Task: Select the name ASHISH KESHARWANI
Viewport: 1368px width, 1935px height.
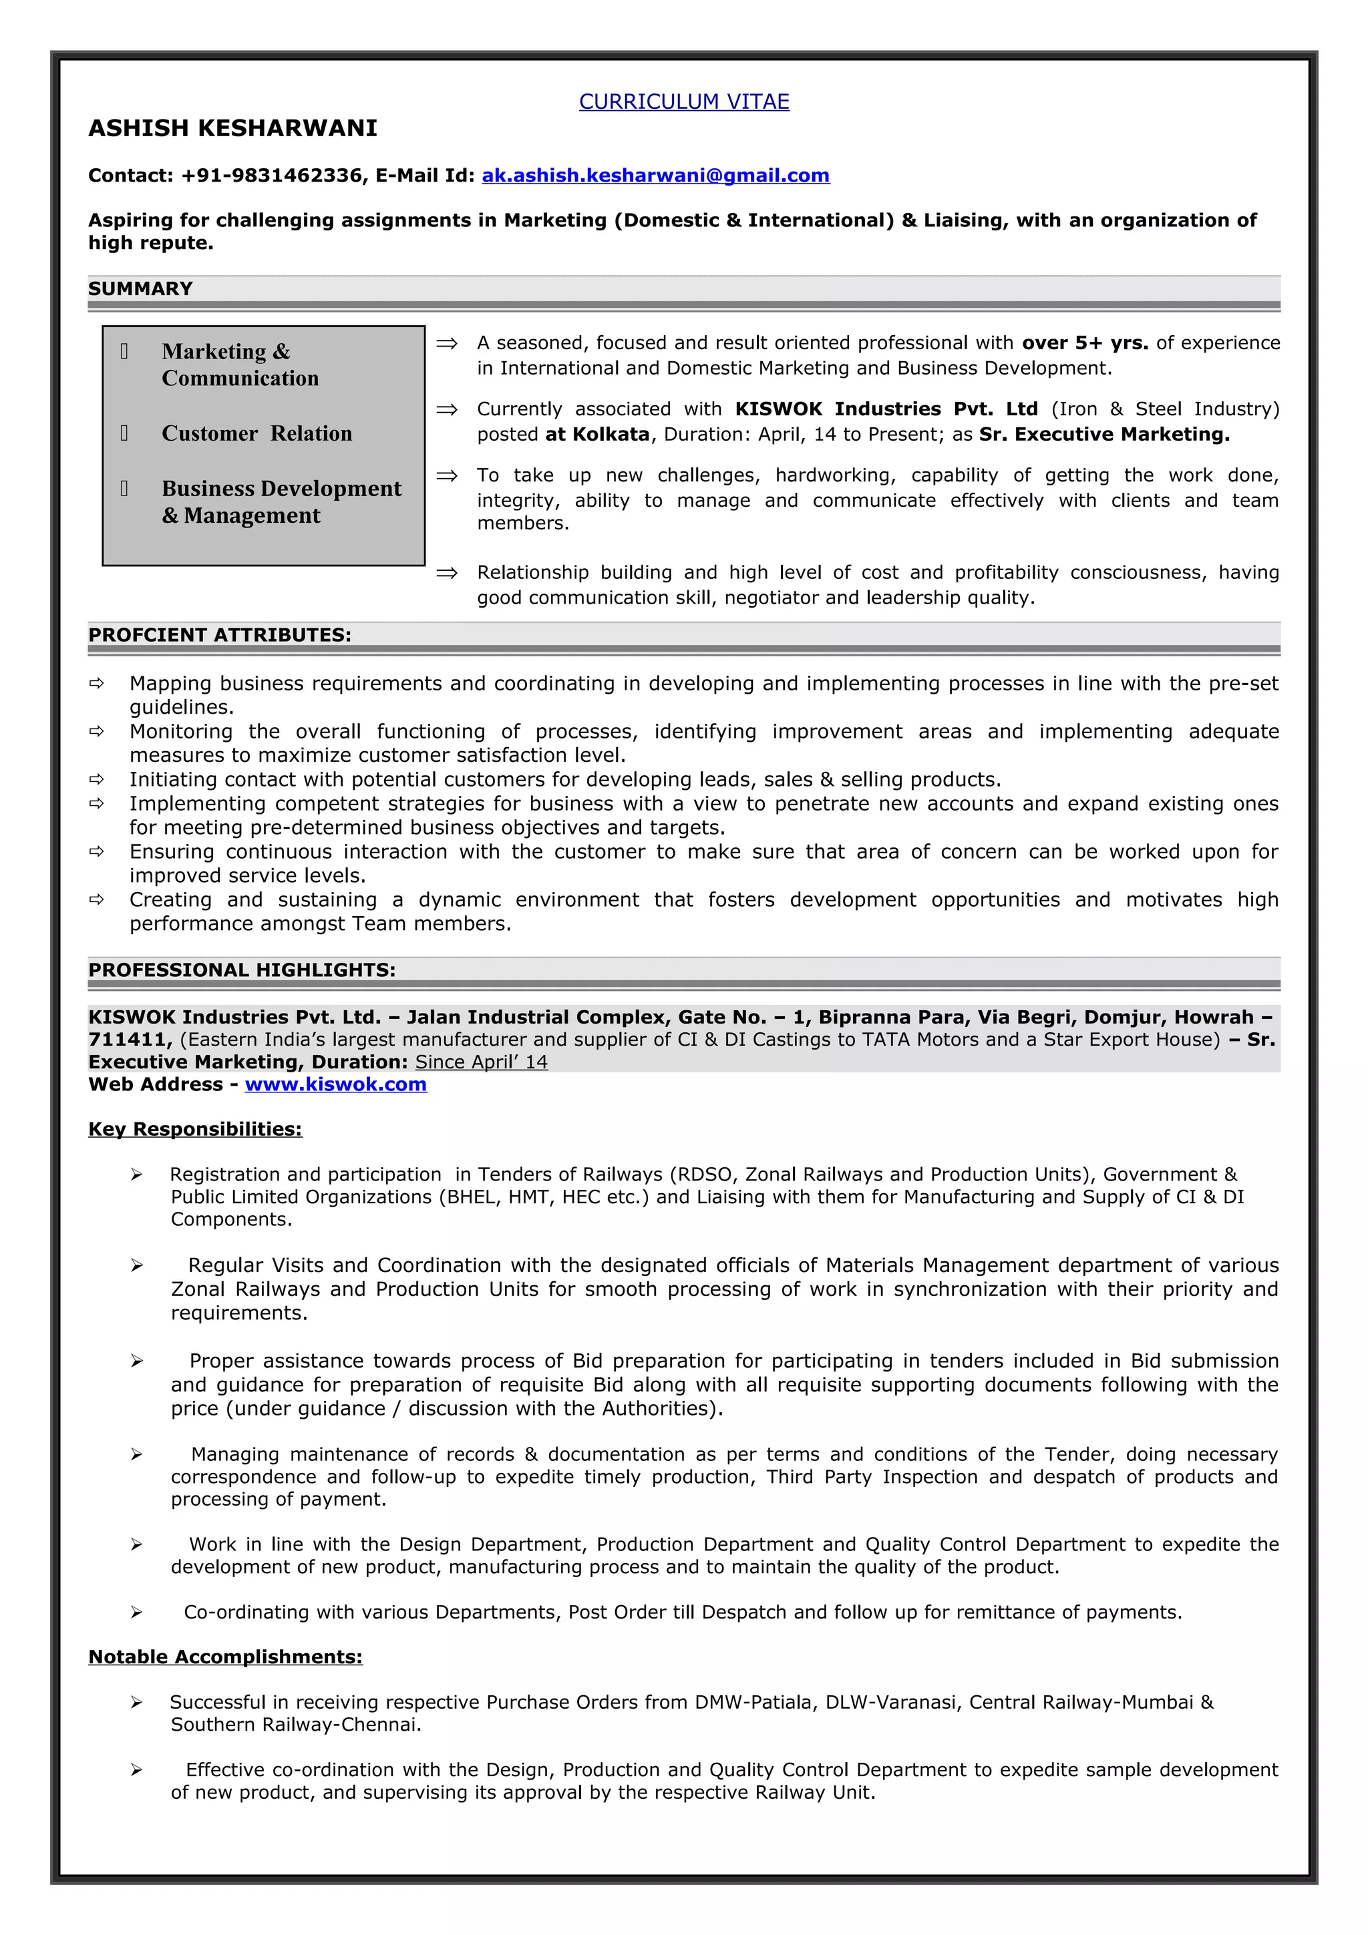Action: point(232,128)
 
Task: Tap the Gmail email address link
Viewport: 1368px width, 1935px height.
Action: point(655,176)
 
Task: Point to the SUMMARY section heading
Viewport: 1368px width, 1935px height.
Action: point(140,289)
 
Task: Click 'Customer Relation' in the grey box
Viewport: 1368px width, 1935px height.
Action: point(256,433)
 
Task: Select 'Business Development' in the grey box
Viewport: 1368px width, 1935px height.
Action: point(281,489)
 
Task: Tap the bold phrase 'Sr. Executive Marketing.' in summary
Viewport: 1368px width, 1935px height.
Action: point(1104,434)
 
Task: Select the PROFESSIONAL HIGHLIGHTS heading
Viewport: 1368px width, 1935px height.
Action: point(241,970)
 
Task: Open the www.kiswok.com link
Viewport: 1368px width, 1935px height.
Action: point(335,1084)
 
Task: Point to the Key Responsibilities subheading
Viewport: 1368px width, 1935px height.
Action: point(194,1129)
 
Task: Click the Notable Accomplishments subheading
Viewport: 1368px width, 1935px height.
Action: point(225,1657)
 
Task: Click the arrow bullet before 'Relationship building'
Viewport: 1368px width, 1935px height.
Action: point(447,573)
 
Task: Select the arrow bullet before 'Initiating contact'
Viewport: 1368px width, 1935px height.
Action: point(97,780)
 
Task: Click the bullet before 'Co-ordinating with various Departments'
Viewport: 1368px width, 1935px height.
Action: point(136,1612)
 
